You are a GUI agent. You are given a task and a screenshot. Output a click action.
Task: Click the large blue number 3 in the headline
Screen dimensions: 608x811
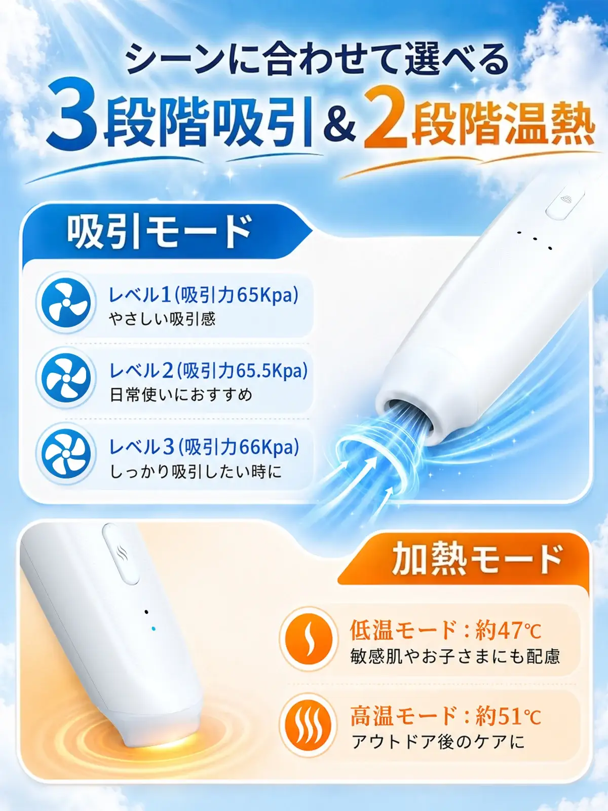72,115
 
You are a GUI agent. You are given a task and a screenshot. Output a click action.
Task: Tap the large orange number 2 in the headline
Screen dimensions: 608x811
386,118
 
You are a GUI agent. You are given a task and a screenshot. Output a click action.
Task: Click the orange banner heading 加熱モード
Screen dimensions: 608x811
477,560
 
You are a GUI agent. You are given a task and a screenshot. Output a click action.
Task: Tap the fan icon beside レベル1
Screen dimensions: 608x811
66,303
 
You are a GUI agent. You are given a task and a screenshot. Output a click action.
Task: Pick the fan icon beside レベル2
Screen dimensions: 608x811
66,378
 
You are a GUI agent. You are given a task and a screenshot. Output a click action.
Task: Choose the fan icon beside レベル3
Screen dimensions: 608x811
66,453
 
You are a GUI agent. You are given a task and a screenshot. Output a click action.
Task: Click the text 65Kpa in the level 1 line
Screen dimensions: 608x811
266,295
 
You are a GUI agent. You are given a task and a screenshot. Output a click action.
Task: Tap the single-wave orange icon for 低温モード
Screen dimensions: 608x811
309,639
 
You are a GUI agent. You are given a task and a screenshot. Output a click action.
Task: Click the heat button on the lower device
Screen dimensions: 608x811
121,554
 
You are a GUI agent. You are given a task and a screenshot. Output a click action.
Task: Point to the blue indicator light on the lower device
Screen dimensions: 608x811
154,628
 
